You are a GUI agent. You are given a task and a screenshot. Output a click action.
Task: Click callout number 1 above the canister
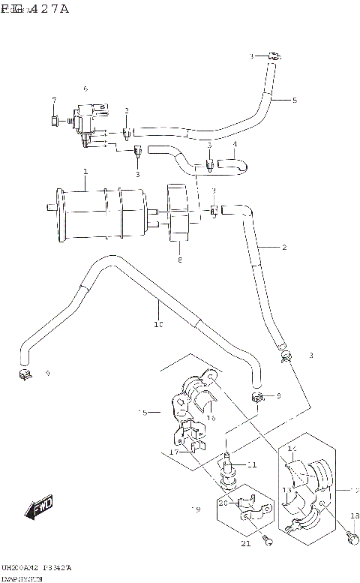[85, 172]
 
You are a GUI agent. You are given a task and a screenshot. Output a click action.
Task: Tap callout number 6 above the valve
[85, 89]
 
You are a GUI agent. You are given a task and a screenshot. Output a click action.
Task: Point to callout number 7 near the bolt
[54, 101]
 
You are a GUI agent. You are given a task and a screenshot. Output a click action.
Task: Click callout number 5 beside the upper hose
[294, 100]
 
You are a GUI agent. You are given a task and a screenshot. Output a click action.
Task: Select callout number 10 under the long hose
[157, 325]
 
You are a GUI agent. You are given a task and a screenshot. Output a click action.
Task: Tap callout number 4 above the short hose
[235, 144]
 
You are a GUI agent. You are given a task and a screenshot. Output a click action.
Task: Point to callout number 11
[252, 464]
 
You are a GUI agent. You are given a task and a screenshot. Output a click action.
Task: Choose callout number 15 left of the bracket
[142, 412]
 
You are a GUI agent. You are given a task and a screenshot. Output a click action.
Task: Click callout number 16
[212, 418]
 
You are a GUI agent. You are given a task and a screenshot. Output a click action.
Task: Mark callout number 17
[172, 452]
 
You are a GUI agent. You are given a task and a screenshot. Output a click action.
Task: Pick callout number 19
[196, 510]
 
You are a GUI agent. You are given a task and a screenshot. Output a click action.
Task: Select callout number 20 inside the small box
[223, 503]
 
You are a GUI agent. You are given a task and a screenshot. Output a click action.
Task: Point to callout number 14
[292, 448]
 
